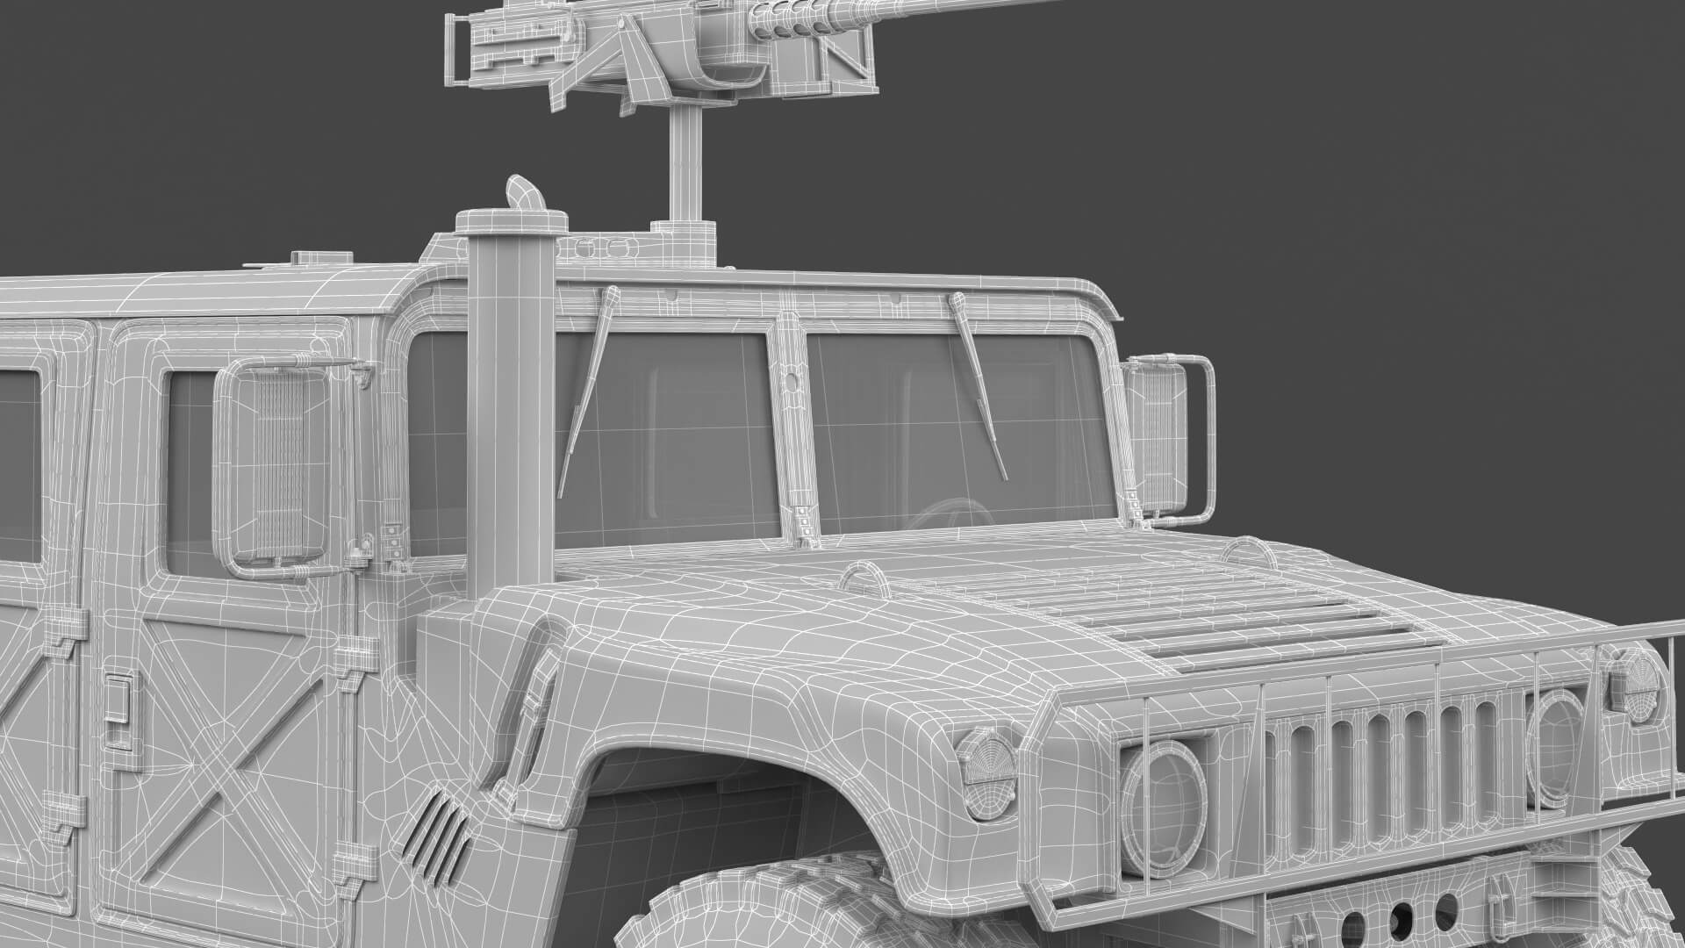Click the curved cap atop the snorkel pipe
click(x=522, y=195)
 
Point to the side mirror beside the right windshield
click(x=1157, y=439)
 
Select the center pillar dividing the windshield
click(x=794, y=421)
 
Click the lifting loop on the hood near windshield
click(x=865, y=575)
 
